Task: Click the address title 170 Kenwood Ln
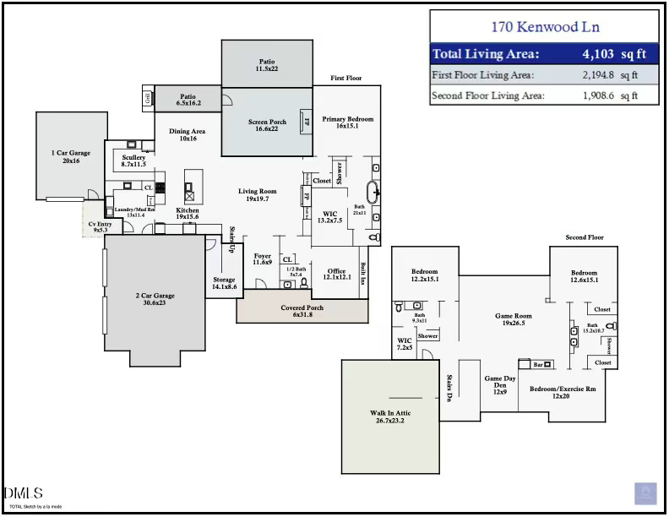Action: pos(544,27)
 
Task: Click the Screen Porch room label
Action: pos(267,122)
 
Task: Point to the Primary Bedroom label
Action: pos(347,119)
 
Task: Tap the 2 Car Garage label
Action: pos(155,296)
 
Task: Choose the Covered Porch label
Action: pos(302,308)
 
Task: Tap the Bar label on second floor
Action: pos(536,365)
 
